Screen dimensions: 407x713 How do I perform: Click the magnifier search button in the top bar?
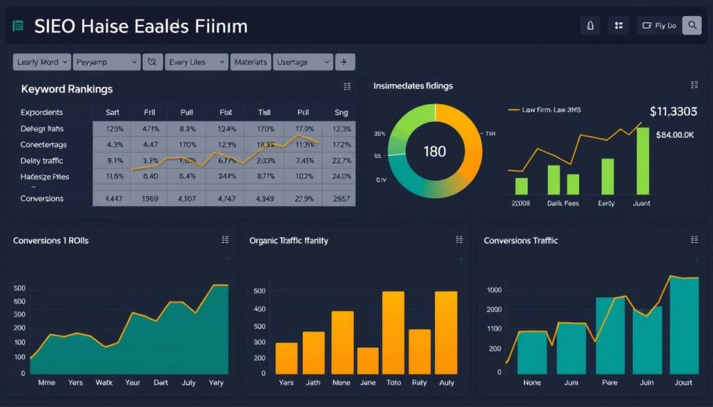point(691,26)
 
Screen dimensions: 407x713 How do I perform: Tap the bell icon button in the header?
point(590,26)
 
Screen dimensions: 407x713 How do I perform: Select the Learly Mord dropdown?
point(42,62)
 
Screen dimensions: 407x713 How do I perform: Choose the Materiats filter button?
point(251,62)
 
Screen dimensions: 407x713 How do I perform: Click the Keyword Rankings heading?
point(67,89)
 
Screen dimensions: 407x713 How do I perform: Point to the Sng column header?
point(341,111)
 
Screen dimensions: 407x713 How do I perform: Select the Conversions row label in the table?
point(42,198)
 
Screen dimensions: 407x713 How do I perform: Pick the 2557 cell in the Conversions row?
point(341,198)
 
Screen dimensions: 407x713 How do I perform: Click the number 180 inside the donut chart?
point(434,151)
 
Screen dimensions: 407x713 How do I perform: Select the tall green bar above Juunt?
point(643,161)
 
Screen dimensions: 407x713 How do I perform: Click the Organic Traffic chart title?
point(288,240)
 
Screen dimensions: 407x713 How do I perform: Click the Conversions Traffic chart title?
point(521,240)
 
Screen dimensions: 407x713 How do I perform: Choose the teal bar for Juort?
point(684,326)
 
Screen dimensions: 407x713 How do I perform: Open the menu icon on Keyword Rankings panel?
point(347,86)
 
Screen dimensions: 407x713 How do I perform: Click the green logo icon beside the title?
point(18,26)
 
